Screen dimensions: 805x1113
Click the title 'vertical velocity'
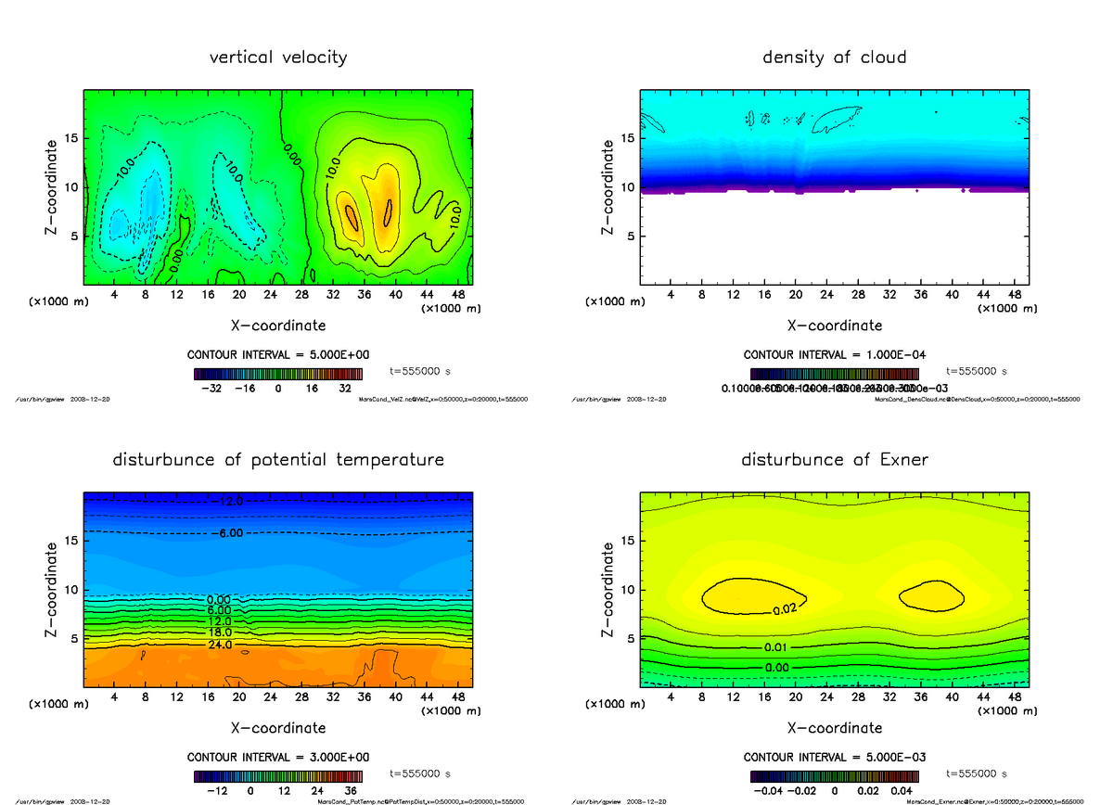278,57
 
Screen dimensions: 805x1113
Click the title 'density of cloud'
834,57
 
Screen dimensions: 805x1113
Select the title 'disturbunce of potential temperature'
278,460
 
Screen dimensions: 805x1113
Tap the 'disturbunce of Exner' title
834,460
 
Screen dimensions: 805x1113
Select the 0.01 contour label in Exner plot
776,646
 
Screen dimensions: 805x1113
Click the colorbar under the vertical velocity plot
277,374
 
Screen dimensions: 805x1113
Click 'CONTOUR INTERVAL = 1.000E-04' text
835,355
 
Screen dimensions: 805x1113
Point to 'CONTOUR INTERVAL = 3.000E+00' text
278,757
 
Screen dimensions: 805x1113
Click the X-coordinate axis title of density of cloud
834,326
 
